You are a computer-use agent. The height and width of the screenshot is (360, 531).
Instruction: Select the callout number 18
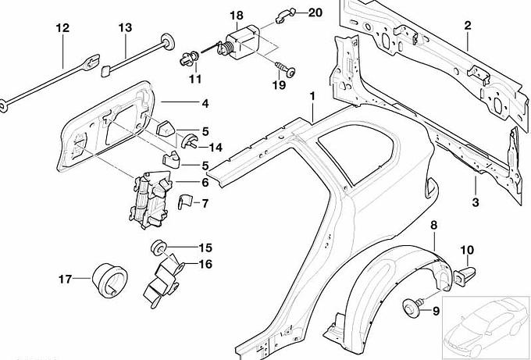click(x=237, y=15)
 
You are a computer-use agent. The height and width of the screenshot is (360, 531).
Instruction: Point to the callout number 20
click(x=314, y=12)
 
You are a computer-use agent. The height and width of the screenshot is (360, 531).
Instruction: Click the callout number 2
click(x=468, y=26)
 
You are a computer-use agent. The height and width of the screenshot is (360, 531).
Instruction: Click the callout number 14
click(x=216, y=146)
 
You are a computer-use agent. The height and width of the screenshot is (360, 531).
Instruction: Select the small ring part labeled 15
click(x=159, y=248)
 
